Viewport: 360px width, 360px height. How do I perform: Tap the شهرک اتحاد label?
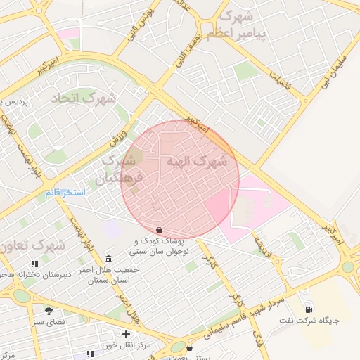(x=84, y=98)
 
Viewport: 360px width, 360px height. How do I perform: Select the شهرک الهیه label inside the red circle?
(x=197, y=162)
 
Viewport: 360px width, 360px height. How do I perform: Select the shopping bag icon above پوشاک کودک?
(x=160, y=230)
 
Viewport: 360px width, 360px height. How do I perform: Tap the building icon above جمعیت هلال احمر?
(x=108, y=258)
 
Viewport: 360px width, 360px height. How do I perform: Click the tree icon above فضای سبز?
(x=49, y=309)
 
